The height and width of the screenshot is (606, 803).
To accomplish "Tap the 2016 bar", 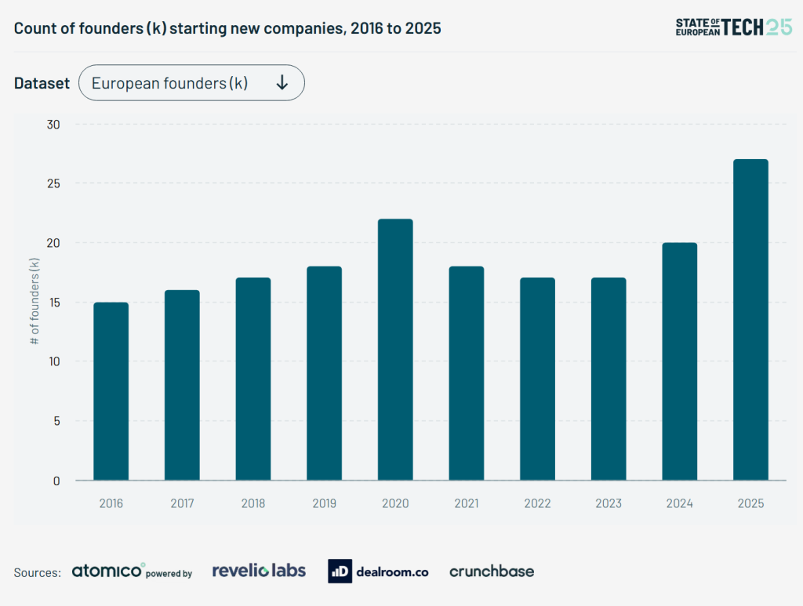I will click(x=111, y=391).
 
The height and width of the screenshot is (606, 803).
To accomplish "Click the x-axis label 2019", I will click(x=324, y=503).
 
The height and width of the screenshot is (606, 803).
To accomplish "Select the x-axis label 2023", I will click(x=609, y=503).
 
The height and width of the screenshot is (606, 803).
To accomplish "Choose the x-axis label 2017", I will click(x=182, y=503).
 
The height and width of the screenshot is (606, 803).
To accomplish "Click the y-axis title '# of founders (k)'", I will click(x=35, y=302).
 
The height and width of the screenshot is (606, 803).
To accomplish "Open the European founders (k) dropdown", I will click(x=191, y=83).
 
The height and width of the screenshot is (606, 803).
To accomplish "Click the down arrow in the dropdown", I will click(x=282, y=83).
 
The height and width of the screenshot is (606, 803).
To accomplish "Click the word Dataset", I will click(x=42, y=83).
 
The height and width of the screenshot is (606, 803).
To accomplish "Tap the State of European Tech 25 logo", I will click(x=734, y=27).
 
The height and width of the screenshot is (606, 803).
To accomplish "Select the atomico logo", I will click(x=108, y=571).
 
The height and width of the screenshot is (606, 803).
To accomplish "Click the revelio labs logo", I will click(x=259, y=571).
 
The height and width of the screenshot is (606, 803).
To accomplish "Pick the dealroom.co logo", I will click(x=379, y=572).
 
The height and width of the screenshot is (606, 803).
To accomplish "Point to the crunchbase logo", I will click(x=492, y=572).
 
